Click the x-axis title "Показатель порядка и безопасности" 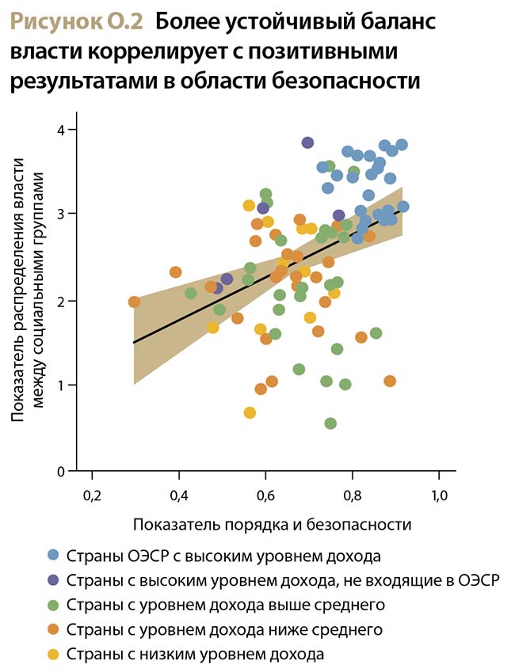(x=272, y=524)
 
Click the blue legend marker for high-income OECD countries (x=53, y=555)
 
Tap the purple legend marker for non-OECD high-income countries (x=53, y=580)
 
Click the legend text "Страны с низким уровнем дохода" (x=196, y=655)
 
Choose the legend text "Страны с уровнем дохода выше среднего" (x=226, y=605)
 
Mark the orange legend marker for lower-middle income (x=53, y=630)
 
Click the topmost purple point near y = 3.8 (x=307, y=142)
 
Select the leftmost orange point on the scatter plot (x=134, y=302)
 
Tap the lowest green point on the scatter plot (x=330, y=423)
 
